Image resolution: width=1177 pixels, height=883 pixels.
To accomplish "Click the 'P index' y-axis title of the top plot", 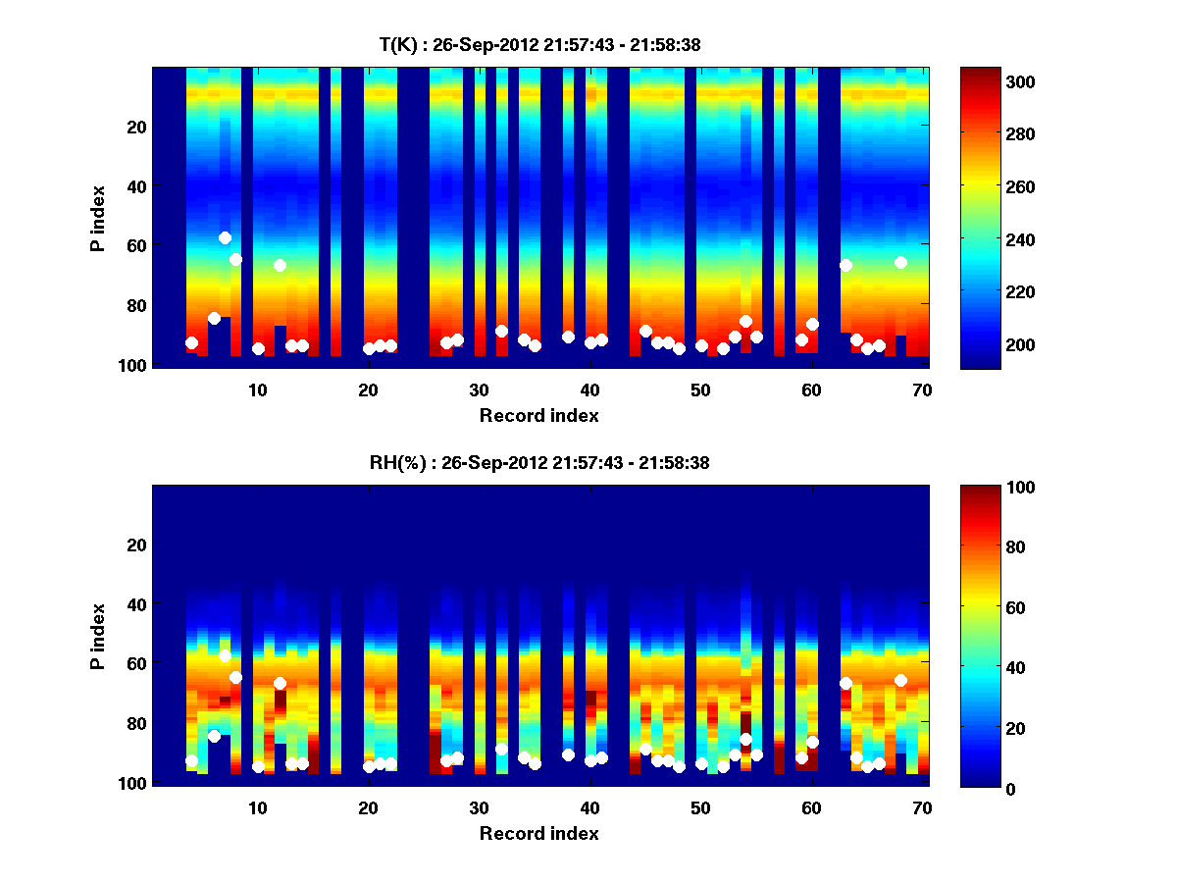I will [98, 218].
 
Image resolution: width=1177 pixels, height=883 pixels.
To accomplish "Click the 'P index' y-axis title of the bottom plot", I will [98, 636].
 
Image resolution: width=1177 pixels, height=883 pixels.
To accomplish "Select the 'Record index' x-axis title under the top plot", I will [538, 416].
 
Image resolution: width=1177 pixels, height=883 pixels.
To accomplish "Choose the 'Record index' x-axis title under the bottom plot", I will [538, 834].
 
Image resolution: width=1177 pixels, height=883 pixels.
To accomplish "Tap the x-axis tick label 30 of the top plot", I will [479, 389].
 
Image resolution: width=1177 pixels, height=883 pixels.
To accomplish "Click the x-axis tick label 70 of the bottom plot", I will [922, 807].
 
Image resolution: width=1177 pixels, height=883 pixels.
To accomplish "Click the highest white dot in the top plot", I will [225, 237].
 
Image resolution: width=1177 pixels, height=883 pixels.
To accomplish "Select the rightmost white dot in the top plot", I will [900, 262].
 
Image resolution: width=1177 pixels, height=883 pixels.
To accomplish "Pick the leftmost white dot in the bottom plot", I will [191, 761].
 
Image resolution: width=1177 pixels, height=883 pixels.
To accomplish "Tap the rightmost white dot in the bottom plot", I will [900, 680].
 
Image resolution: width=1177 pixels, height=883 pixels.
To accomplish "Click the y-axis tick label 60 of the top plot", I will [135, 245].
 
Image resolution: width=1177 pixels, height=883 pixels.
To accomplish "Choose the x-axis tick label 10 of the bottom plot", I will [257, 807].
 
